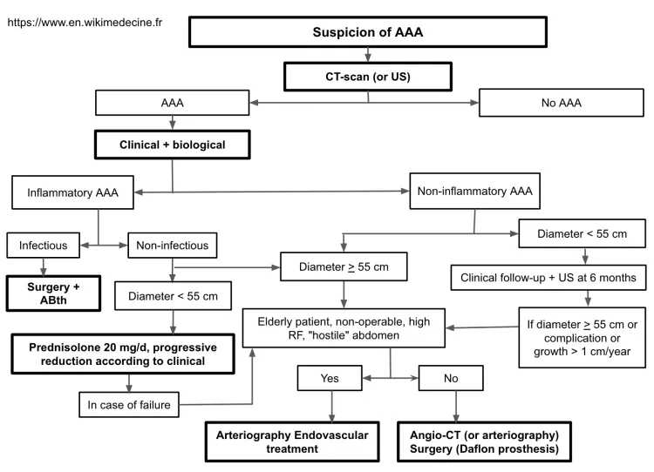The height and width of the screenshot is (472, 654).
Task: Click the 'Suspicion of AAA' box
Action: click(x=367, y=32)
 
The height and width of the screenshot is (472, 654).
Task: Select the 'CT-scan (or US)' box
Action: click(x=367, y=77)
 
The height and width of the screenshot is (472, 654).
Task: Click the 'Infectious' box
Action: click(x=43, y=246)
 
